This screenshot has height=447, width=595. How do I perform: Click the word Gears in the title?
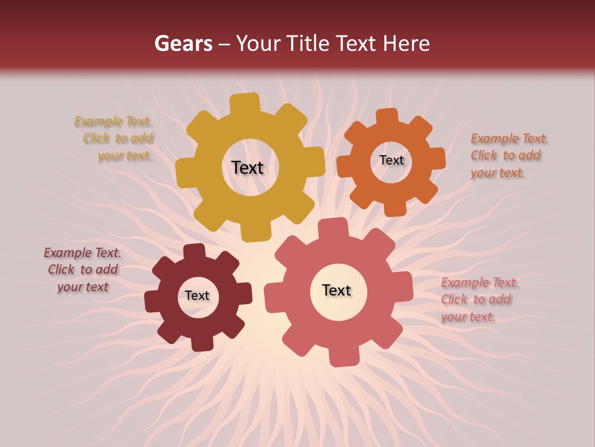coord(183,43)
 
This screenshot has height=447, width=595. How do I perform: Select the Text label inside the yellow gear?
coord(247,168)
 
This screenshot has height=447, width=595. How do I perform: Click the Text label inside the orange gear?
coord(391,160)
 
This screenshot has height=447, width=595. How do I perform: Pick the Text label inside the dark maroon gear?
coord(197,296)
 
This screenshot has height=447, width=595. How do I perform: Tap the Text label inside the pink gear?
coord(337,290)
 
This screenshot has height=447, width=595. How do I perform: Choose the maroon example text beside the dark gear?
coord(82,269)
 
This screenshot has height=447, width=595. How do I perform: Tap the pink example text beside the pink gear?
coord(480,300)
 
